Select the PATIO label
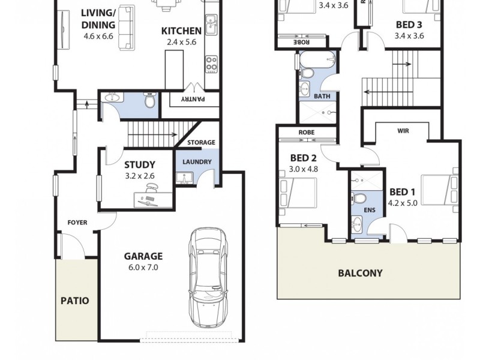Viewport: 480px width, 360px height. [x=75, y=301]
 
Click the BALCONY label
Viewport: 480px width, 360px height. [x=360, y=273]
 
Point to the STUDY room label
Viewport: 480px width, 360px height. [x=140, y=164]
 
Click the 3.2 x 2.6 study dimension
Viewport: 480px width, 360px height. [x=140, y=176]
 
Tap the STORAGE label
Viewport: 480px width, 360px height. [x=201, y=143]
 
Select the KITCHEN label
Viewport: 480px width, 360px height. [x=181, y=31]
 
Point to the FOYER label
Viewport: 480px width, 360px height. [x=77, y=223]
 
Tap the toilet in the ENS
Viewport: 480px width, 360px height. [x=359, y=198]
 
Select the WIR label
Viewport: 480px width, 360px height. [x=403, y=130]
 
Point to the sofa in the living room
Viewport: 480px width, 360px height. [x=126, y=27]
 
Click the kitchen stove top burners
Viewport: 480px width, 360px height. [x=211, y=63]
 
